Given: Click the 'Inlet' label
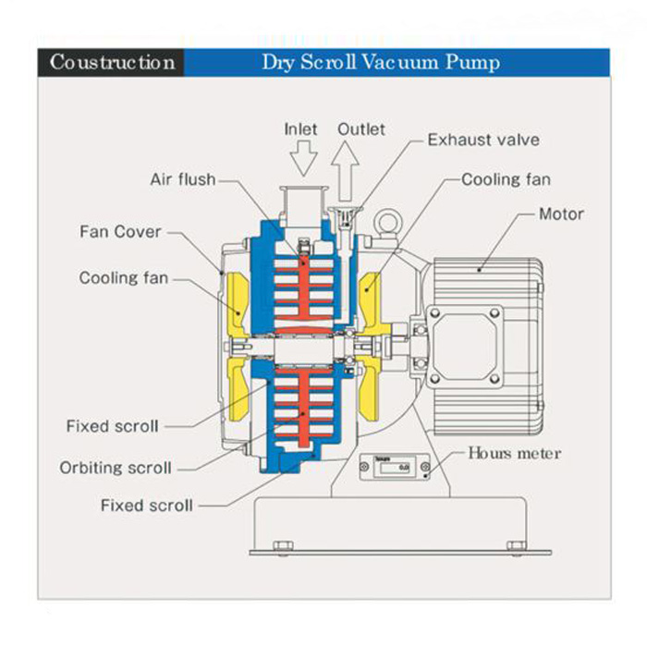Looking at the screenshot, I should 300,129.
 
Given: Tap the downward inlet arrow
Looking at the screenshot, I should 301,161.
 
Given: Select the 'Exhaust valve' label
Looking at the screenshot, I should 482,140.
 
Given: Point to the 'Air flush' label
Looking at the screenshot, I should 182,179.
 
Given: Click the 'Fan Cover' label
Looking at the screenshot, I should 120,231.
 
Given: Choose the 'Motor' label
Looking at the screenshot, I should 561,214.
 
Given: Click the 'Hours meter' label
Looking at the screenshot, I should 514,453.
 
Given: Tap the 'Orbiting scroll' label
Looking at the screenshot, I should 116,468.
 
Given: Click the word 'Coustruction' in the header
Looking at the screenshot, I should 112,63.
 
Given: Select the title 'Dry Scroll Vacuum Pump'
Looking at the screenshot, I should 381,63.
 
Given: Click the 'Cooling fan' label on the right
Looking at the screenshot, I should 506,179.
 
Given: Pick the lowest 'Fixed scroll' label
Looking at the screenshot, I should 147,506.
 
